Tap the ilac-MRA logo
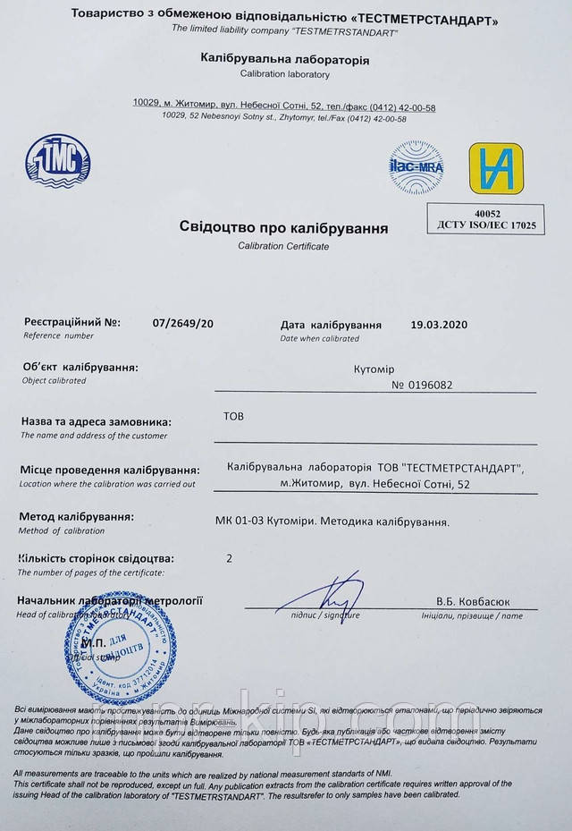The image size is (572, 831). click(x=416, y=167)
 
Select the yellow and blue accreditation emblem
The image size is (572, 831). click(x=496, y=168)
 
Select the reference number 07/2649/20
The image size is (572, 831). click(x=183, y=324)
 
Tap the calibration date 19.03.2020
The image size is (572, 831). click(x=439, y=325)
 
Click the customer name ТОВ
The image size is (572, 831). click(x=231, y=417)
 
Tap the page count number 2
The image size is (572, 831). click(x=230, y=558)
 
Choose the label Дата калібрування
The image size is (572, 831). click(x=331, y=325)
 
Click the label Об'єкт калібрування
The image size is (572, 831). click(x=80, y=367)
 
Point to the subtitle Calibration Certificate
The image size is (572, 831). click(x=283, y=245)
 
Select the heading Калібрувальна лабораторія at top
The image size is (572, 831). click(x=283, y=60)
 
